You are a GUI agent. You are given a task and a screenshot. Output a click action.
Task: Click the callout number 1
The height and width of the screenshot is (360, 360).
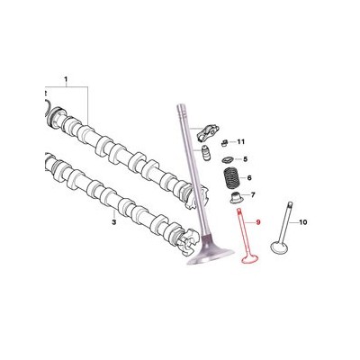pos(66,80)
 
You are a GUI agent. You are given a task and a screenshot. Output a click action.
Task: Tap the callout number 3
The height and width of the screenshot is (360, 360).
pos(113,222)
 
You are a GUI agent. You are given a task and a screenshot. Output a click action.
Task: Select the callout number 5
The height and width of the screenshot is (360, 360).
pos(246,159)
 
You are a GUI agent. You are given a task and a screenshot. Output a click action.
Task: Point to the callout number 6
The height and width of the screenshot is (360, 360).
pos(249,178)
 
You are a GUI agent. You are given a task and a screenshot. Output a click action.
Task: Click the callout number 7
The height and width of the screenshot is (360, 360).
pos(253,195)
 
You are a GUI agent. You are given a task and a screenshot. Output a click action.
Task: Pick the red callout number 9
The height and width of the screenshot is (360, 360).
pos(256,222)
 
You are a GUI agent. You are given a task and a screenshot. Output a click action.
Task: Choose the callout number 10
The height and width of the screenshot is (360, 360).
pos(303,222)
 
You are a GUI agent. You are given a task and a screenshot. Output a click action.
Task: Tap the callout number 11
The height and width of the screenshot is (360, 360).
pos(241,141)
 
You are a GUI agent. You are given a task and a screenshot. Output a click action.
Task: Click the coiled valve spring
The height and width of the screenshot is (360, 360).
pos(233,178)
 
